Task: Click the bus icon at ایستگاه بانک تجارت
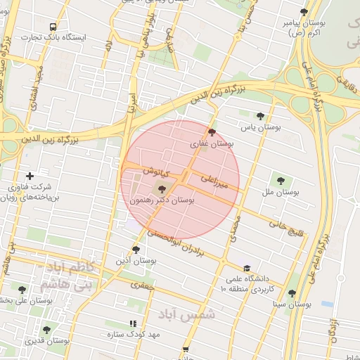coord(53,27)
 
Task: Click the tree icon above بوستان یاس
coord(260,116)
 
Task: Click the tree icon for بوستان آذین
coord(136,250)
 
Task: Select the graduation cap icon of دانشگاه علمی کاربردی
coord(246,268)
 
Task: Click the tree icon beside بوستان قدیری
coord(46,329)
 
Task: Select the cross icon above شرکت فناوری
coord(30,176)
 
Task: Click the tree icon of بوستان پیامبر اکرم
coord(303,12)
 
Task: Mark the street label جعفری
coord(143,285)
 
